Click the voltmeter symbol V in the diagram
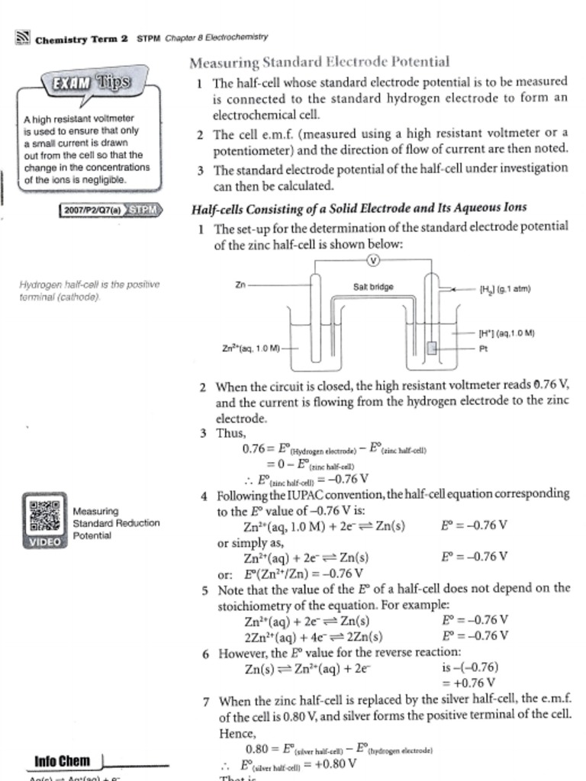point(373,260)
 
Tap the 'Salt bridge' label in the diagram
point(373,287)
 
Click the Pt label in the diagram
point(483,349)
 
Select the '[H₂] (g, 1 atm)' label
point(504,289)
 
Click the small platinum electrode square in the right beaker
point(432,349)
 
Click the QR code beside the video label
point(45,516)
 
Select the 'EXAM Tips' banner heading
point(91,82)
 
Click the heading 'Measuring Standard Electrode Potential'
point(319,62)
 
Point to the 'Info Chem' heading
point(63,760)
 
